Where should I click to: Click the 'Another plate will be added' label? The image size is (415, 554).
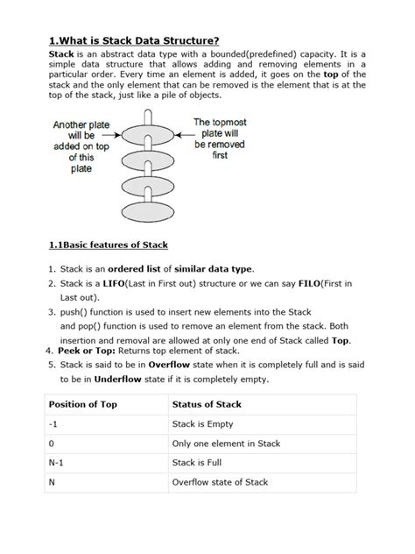(81, 146)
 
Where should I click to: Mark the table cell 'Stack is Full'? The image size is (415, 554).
(202, 463)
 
